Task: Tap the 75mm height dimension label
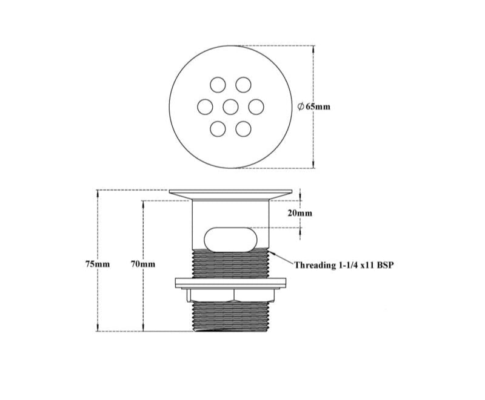coord(97,264)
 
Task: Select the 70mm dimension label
coord(143,264)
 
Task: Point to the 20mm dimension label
coord(301,213)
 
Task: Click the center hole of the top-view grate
coord(230,107)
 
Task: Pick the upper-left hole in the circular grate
coord(218,84)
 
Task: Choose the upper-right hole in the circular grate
coord(244,84)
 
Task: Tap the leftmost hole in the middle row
coord(205,107)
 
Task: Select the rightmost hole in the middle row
coord(256,107)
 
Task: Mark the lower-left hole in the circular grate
coord(218,129)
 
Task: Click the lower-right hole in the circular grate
coord(244,129)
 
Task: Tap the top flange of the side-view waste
coord(230,192)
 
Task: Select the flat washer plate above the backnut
coord(230,282)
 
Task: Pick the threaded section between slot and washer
coord(230,264)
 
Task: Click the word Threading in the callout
coord(315,265)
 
